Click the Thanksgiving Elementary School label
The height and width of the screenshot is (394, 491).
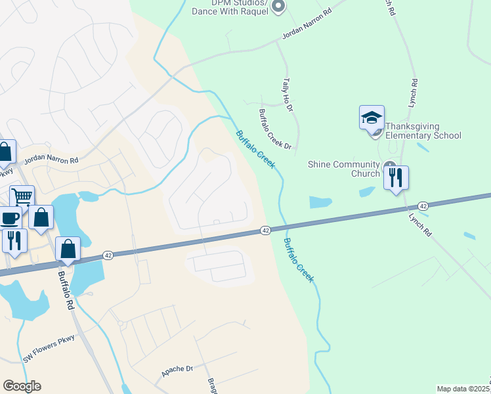pyautogui.click(x=423, y=131)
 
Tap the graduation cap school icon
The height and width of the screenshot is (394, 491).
pyautogui.click(x=372, y=118)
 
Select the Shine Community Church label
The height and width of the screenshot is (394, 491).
pyautogui.click(x=344, y=169)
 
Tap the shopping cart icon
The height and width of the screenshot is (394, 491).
pyautogui.click(x=22, y=196)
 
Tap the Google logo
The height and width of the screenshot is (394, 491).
pyautogui.click(x=22, y=386)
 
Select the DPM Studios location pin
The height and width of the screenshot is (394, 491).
pyautogui.click(x=278, y=7)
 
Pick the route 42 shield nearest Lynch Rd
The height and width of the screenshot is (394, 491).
pyautogui.click(x=423, y=206)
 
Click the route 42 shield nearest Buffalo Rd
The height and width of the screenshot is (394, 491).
pyautogui.click(x=108, y=255)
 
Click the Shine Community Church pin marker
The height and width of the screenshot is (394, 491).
pyautogui.click(x=390, y=167)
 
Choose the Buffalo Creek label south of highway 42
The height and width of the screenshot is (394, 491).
pyautogui.click(x=299, y=261)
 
